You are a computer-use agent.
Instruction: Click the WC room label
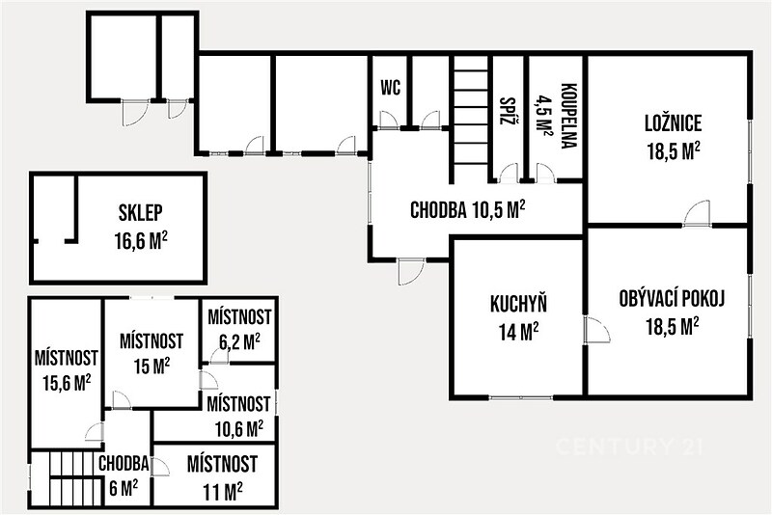391,88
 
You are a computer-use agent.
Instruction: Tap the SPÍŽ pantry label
505,111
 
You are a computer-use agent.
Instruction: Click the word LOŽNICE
673,123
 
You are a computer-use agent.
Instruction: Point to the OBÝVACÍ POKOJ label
672,299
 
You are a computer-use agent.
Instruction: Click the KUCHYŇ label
518,305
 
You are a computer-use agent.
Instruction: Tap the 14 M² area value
518,332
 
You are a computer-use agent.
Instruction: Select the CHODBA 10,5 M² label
467,210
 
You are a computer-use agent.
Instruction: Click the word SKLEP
140,213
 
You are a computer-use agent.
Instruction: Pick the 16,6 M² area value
140,241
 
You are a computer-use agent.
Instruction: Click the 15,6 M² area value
67,383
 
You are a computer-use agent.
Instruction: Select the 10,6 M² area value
238,429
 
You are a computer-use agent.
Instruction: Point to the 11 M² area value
223,490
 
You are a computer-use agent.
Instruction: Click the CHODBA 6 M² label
124,475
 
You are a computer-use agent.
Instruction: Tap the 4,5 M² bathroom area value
542,116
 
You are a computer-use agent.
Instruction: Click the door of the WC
388,120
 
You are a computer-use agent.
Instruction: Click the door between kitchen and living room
596,331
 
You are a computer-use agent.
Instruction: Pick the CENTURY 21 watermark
629,447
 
